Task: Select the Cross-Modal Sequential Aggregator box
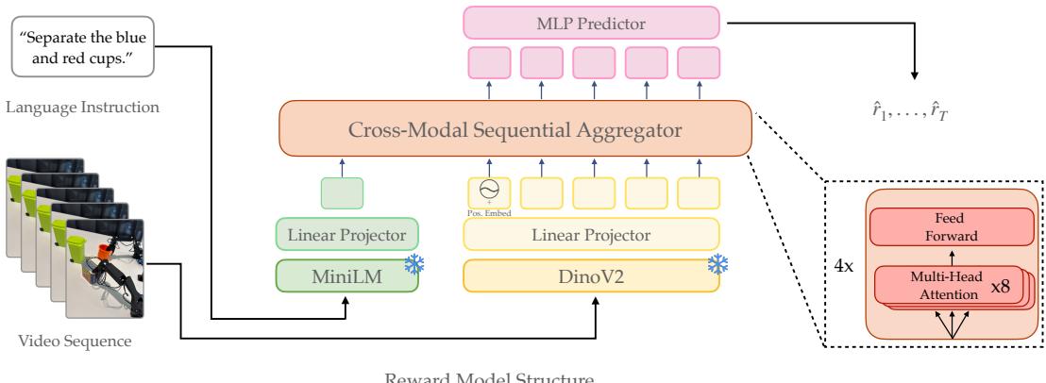pyautogui.click(x=515, y=129)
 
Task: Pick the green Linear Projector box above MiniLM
pyautogui.click(x=346, y=234)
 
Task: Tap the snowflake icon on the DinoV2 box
pyautogui.click(x=720, y=265)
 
